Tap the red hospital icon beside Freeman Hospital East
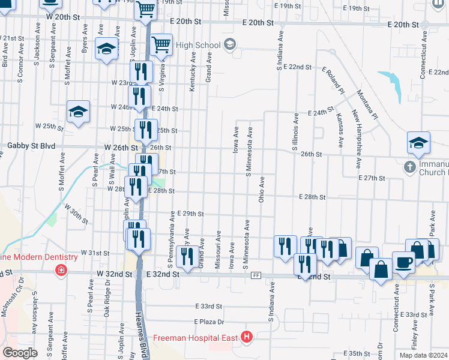point(246,338)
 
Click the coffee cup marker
point(403,262)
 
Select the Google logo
point(20,353)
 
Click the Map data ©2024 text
point(423,355)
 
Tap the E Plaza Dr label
point(209,322)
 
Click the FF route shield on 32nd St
point(256,275)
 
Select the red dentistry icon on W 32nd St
point(61,271)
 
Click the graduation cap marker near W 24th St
point(77,112)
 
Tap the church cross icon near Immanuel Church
point(409,167)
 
